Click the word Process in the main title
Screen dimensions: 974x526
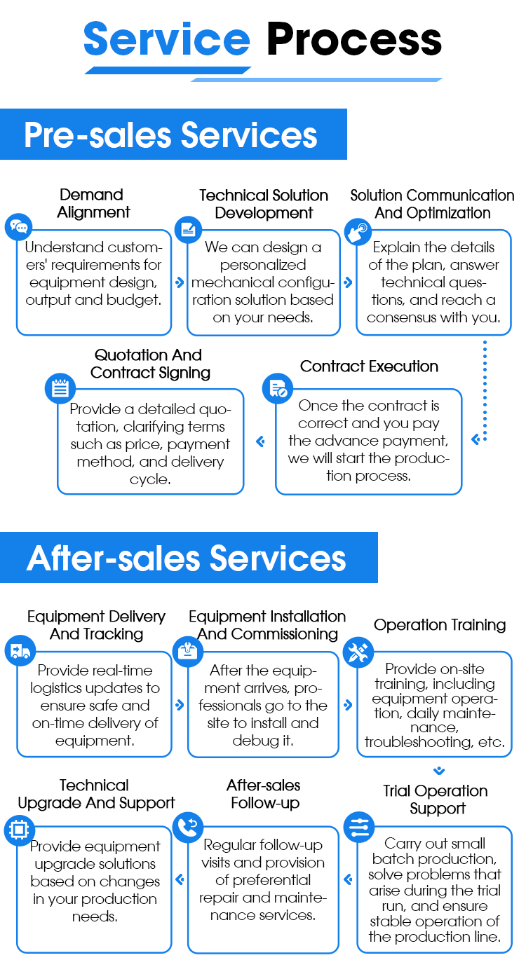(x=354, y=40)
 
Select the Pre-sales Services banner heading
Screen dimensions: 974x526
(x=170, y=135)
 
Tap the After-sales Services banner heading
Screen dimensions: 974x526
(x=187, y=558)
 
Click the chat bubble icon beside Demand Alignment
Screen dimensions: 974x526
(x=19, y=227)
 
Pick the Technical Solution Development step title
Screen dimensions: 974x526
(x=264, y=204)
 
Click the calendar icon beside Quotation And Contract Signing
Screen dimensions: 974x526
(x=60, y=388)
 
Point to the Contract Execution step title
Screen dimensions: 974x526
(x=369, y=366)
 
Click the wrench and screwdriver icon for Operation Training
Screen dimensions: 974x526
(x=358, y=652)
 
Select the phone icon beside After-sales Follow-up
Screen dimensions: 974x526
(x=187, y=825)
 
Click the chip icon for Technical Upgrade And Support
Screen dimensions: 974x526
(x=18, y=830)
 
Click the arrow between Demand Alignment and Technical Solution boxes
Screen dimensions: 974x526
(x=180, y=282)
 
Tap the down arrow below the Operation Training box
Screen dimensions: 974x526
(x=439, y=771)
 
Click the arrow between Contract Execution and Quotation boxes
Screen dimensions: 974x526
(x=260, y=441)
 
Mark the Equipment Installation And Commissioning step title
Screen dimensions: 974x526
(x=267, y=625)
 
